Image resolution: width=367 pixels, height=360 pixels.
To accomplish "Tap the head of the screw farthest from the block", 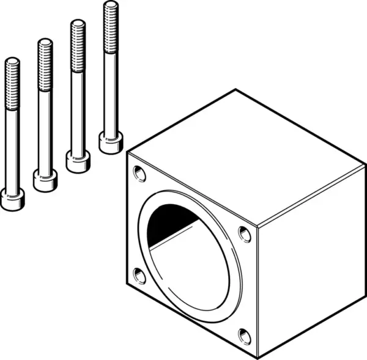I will coord(12,199).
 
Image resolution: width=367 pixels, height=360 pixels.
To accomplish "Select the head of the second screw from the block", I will coord(78,162).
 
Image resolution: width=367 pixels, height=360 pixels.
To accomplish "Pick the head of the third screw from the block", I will coord(45,181).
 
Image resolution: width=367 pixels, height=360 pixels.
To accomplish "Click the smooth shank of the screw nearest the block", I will coord(110,92).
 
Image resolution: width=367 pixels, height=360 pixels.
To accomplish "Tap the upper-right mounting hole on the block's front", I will coord(244,233).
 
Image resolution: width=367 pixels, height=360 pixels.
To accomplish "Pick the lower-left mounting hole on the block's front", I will coord(140,276).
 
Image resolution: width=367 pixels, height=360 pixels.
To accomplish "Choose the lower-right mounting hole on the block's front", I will coord(244,336).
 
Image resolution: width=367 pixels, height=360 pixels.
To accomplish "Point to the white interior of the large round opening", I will coord(190,269).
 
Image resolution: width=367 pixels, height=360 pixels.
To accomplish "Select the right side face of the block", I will coord(312,263).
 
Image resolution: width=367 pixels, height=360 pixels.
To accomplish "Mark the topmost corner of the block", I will coord(235,90).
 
